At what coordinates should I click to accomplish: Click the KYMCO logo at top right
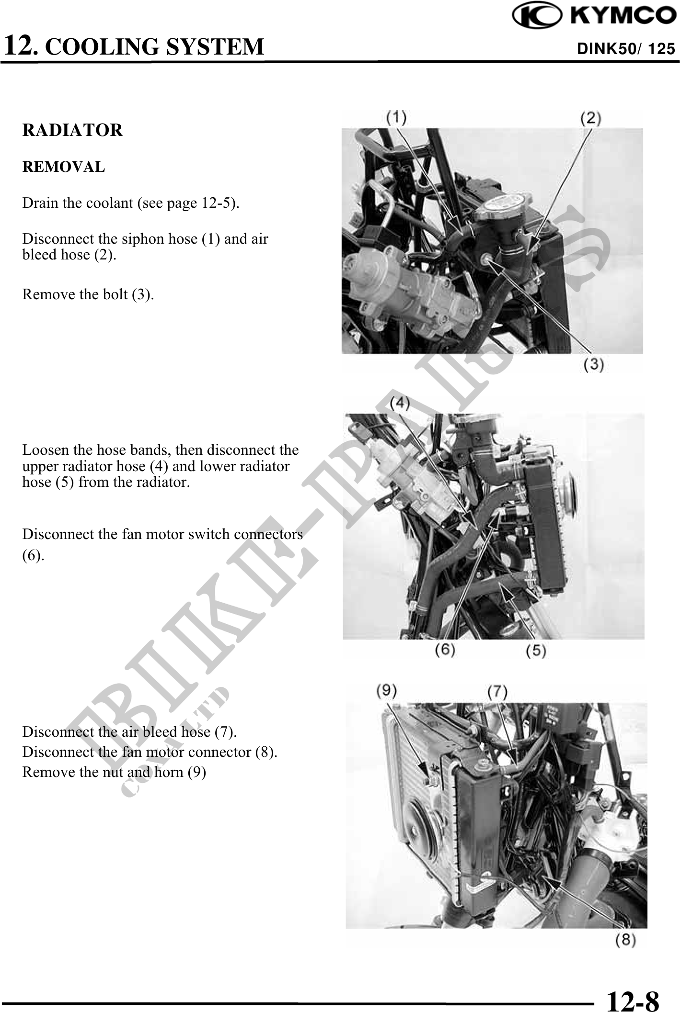coord(594,16)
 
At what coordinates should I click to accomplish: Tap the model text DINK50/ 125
coord(626,49)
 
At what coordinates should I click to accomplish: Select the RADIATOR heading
coord(72,130)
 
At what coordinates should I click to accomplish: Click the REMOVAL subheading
coord(63,167)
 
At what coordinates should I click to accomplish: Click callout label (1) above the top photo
coord(397,117)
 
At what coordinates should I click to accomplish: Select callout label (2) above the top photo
coord(591,118)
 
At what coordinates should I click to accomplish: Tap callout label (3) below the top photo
coord(594,365)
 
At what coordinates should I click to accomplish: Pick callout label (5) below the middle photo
coord(536,651)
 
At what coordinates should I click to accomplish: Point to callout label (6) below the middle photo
coord(445,650)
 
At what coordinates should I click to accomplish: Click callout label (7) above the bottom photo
coord(497,691)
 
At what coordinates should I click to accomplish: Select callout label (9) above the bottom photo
coord(386,691)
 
